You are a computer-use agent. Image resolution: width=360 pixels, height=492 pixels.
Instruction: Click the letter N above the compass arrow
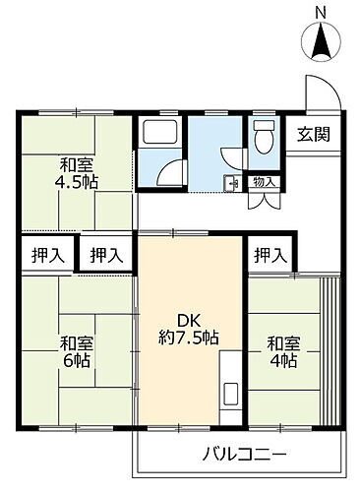(x=321, y=12)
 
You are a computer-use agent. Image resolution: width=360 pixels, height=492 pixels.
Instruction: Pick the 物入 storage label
(x=263, y=181)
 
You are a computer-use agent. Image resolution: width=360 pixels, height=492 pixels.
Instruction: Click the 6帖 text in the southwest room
(x=76, y=360)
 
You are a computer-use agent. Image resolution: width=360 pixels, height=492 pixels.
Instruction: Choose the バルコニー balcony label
(x=245, y=455)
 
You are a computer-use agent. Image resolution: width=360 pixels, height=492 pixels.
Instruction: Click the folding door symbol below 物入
(x=263, y=199)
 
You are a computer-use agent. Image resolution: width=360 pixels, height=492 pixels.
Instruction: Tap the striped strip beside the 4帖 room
(x=330, y=349)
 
